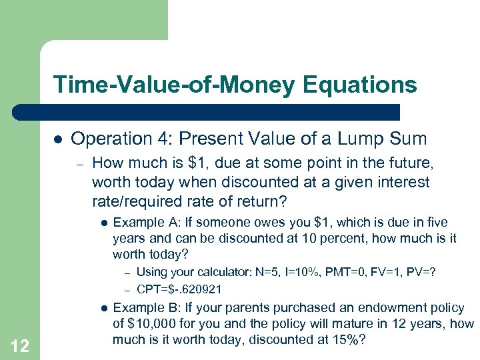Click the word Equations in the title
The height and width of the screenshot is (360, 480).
tap(360, 85)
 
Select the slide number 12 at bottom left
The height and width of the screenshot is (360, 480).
tap(20, 345)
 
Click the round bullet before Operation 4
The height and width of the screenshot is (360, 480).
tap(57, 139)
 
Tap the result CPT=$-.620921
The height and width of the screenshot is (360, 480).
tap(179, 289)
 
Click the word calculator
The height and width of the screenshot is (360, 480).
tap(225, 272)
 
